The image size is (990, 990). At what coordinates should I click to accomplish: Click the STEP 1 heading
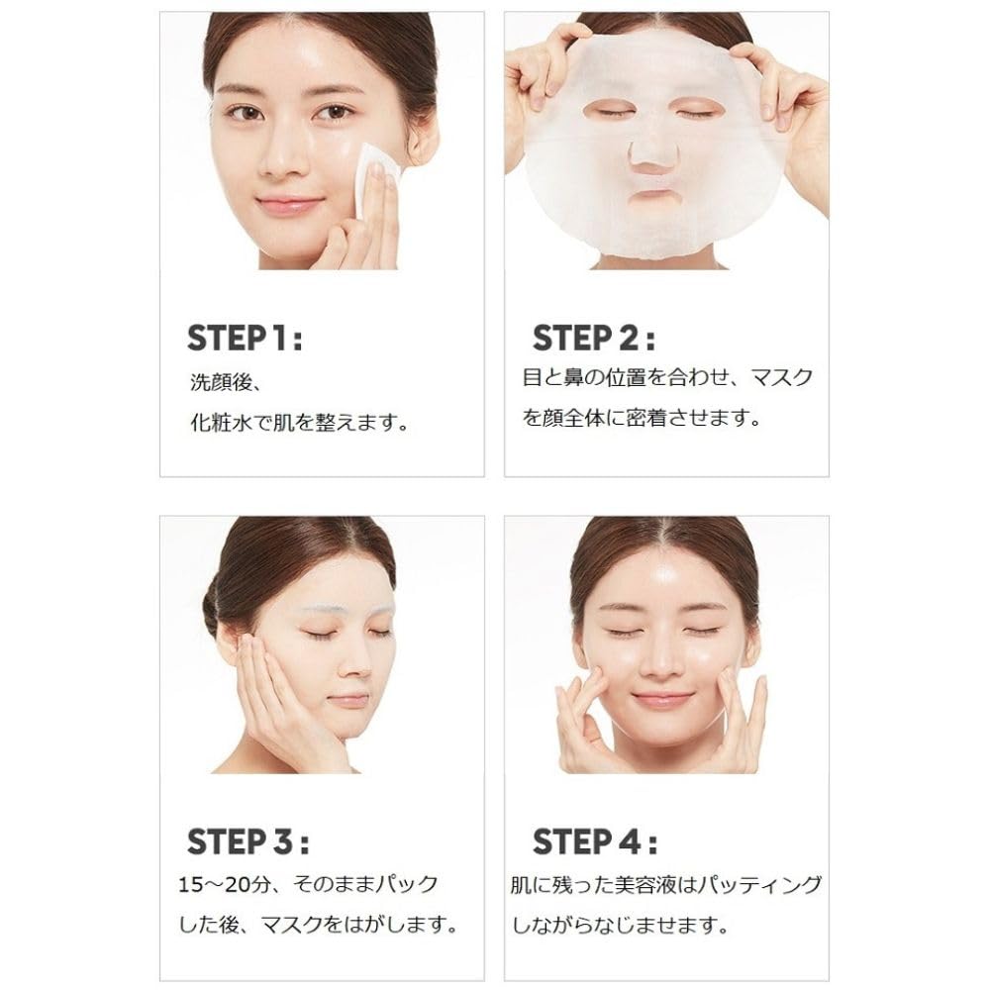(245, 337)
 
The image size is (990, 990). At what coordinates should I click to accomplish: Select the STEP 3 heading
(247, 842)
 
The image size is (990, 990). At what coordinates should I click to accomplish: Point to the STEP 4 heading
(594, 842)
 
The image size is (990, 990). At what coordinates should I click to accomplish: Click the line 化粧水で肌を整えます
(299, 423)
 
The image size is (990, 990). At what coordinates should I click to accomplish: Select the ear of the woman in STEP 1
(422, 139)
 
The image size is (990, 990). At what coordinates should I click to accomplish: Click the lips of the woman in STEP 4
(662, 699)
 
